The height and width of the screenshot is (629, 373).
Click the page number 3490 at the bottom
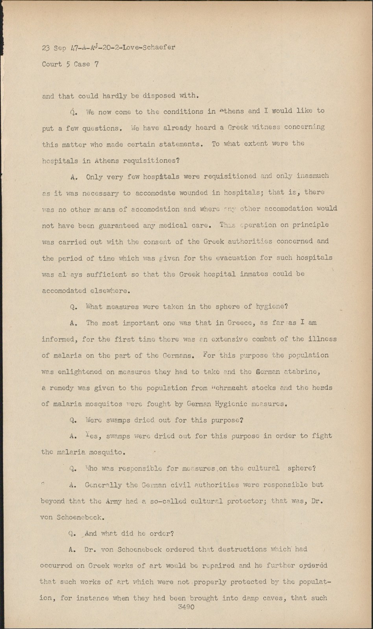(186, 607)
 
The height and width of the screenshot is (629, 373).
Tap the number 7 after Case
(96, 64)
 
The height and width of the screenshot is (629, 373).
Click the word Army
(114, 501)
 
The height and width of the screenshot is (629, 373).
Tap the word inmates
(256, 274)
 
